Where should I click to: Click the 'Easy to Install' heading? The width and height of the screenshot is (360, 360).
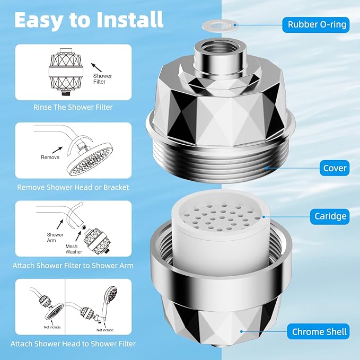[x=89, y=20]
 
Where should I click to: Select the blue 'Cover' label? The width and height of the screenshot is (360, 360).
[x=335, y=169]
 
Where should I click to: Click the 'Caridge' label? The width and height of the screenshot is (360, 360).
[x=330, y=216]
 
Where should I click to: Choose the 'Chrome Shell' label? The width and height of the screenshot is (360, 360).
[x=319, y=332]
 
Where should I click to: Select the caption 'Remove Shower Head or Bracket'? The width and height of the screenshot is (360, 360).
[x=73, y=187]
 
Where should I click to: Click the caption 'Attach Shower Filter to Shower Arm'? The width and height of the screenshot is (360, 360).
[x=73, y=265]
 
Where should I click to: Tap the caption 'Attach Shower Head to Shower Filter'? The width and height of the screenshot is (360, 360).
[x=73, y=344]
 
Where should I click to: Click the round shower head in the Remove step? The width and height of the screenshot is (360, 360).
[x=88, y=157]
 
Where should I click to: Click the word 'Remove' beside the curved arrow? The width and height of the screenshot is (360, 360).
[x=51, y=157]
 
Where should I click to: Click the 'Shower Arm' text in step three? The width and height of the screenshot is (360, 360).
[x=55, y=238]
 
